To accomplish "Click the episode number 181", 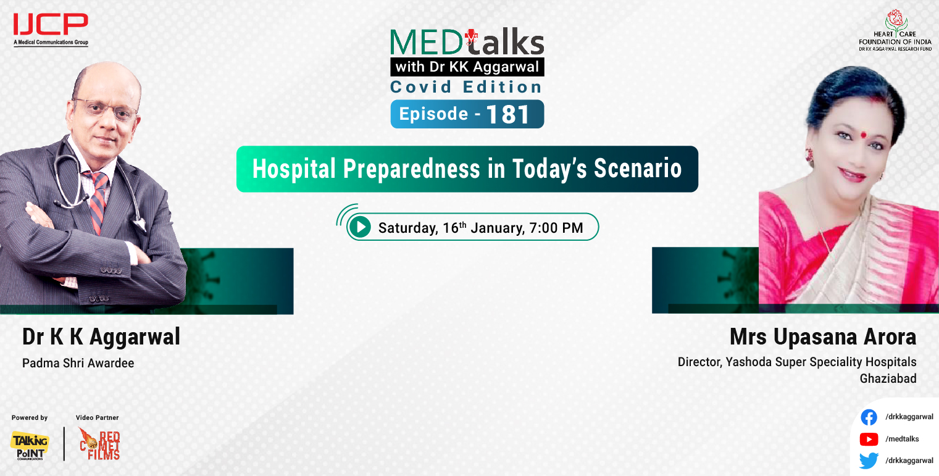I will tap(508, 115).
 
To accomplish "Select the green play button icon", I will tap(359, 227).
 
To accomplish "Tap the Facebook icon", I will tap(869, 417).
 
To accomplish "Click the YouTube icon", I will tap(869, 439).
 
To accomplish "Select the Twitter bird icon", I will tap(869, 461).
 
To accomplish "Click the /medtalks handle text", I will tap(902, 439).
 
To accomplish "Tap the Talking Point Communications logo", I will tap(29, 445).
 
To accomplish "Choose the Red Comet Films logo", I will tap(99, 444).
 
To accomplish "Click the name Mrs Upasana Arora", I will tap(822, 337).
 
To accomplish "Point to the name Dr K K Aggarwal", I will tap(101, 337).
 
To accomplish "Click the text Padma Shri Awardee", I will tap(78, 363).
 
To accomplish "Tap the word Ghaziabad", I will tap(888, 378).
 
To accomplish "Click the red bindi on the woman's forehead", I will tap(858, 133).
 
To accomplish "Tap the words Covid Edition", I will tap(466, 87).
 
